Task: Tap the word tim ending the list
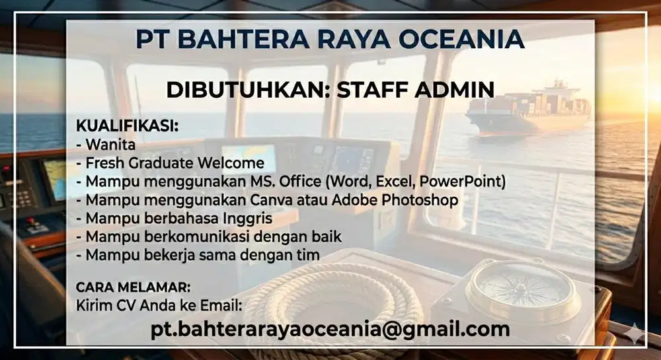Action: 309,254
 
